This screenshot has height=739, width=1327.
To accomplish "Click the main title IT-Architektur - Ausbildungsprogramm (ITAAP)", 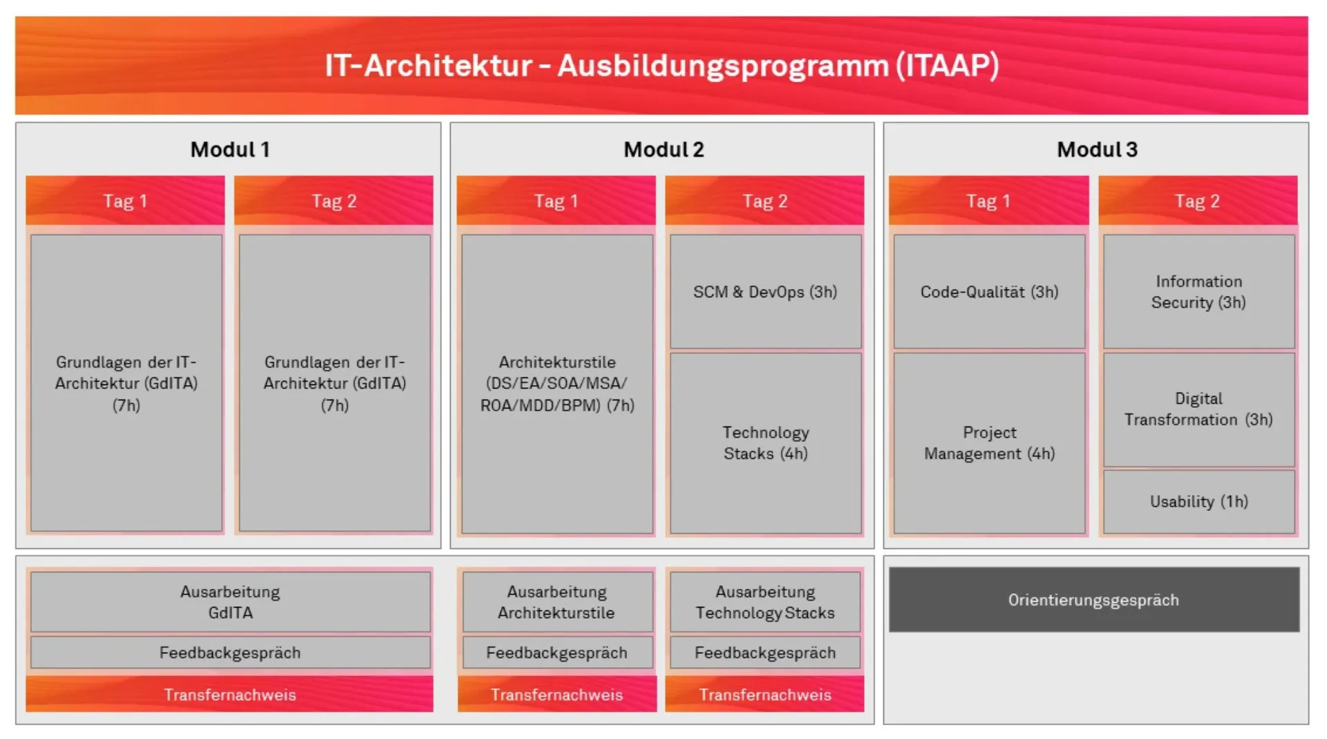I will (x=661, y=66).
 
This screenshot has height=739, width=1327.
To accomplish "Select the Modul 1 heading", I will (x=229, y=149).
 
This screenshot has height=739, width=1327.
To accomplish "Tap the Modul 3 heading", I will (x=1096, y=149).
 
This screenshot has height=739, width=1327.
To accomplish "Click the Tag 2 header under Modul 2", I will (x=764, y=200).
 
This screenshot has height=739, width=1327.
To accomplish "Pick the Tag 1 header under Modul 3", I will (x=988, y=200).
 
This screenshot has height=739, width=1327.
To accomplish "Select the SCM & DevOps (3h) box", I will (x=765, y=292).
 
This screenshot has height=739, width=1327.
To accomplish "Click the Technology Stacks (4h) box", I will (x=765, y=442).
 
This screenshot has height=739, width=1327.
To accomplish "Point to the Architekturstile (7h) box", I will (x=557, y=384).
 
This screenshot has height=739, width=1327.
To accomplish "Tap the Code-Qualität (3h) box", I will (x=989, y=292).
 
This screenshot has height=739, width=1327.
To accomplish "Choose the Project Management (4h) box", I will (x=989, y=442).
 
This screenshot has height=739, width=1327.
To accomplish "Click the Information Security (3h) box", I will (x=1198, y=292).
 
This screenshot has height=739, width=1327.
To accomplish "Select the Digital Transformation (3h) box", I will (x=1198, y=409).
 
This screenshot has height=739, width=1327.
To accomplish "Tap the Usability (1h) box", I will (x=1198, y=501).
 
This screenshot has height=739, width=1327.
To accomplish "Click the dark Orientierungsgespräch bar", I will (x=1093, y=599).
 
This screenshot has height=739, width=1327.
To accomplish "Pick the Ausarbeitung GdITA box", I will (x=230, y=601).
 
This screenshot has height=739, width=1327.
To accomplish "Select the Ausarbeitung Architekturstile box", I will (x=556, y=601).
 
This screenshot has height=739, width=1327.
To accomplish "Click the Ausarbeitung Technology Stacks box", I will (x=765, y=601).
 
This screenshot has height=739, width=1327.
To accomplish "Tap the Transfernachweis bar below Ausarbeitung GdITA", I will (x=229, y=694).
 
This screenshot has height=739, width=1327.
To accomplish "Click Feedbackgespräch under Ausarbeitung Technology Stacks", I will (x=765, y=653).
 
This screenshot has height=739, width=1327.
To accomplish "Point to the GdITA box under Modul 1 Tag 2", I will (x=335, y=384).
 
